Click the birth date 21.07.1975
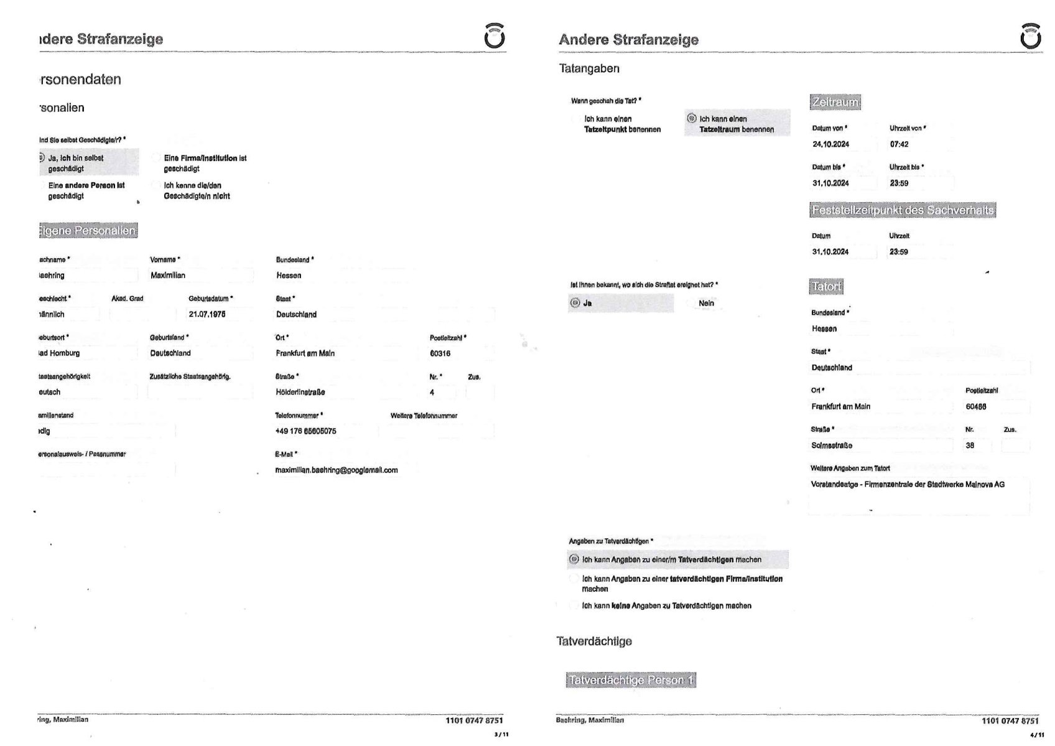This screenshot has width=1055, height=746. [x=207, y=314]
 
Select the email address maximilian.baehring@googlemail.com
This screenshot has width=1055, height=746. [x=336, y=470]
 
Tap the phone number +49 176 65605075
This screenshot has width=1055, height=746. [x=305, y=431]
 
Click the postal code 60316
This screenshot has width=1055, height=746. [x=440, y=353]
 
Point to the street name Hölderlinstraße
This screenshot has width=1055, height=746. [x=300, y=392]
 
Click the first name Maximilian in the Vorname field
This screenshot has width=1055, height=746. [x=168, y=275]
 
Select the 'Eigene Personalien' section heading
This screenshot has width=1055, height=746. [x=87, y=231]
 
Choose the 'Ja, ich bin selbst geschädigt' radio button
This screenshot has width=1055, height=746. [x=42, y=158]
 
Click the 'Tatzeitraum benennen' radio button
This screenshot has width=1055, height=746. [x=692, y=118]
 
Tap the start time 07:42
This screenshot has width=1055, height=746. [x=899, y=144]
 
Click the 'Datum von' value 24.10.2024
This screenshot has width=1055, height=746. [x=830, y=144]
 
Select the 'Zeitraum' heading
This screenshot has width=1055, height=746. [x=835, y=102]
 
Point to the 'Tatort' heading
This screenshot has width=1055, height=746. [x=827, y=287]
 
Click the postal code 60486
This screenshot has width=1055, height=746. [x=976, y=407]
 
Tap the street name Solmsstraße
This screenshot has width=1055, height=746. [x=832, y=445]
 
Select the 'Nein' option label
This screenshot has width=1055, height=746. [x=707, y=303]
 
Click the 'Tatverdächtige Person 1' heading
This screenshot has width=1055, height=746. [x=631, y=680]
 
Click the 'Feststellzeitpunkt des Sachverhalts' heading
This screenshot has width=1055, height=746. [x=903, y=210]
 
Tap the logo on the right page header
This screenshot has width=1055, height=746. [x=1031, y=36]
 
